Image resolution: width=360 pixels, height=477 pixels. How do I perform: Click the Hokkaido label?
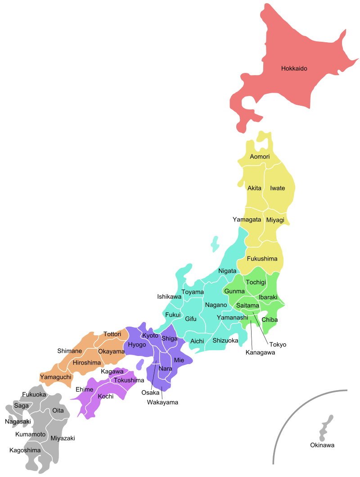294,69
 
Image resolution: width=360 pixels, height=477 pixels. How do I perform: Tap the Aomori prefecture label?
260,157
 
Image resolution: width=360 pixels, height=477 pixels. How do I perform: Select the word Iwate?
277,188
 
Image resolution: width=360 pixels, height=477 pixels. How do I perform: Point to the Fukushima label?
262,259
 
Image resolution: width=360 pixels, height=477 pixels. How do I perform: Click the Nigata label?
227,271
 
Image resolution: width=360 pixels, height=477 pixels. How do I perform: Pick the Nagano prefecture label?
216,305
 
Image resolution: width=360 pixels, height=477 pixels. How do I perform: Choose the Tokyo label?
278,345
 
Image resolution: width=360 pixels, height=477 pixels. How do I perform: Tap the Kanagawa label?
260,352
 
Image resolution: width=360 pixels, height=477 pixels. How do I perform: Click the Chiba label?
270,320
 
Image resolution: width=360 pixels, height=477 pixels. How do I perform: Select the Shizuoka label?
225,341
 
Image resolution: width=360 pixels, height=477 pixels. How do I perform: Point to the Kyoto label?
150,336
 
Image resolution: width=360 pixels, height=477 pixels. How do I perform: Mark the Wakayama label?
162,402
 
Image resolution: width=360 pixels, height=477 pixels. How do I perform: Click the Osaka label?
150,392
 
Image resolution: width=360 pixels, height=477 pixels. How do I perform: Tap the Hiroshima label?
87,362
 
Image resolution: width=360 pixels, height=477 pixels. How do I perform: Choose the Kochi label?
106,396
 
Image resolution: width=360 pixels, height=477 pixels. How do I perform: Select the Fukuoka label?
34,395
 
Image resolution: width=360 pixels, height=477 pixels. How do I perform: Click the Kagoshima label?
25,450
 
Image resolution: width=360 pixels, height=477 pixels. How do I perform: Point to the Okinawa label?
322,445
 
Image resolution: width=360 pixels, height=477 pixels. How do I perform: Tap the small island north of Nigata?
215,245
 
